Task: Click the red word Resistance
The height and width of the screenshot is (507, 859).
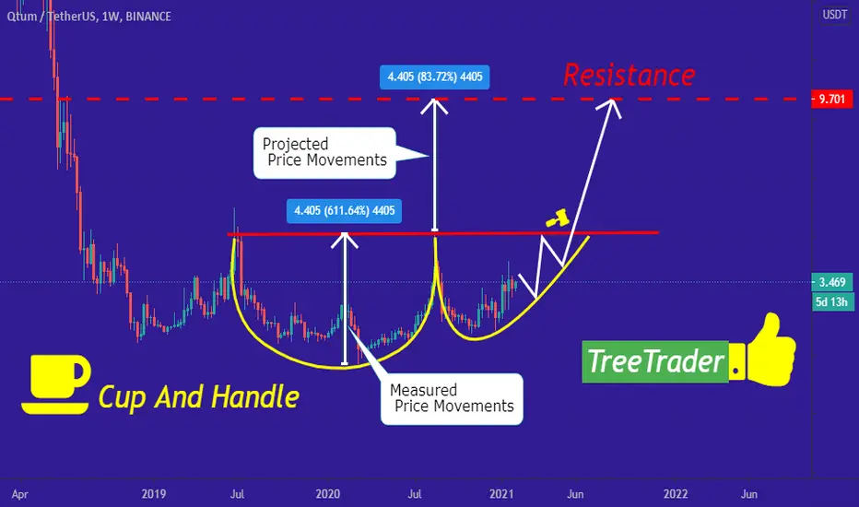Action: tap(630, 75)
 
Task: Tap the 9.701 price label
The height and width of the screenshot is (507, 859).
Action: tap(831, 100)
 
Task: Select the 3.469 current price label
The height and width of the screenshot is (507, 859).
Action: tap(831, 282)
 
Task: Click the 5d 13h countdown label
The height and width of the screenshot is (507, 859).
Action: tap(831, 302)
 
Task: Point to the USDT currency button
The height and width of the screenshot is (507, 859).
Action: tap(835, 15)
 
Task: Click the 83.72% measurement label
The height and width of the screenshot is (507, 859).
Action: tap(434, 77)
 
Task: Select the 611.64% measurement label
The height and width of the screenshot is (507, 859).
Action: tap(344, 211)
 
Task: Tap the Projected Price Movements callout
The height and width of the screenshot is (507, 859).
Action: tap(324, 153)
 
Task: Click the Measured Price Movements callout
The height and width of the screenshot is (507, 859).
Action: tap(452, 398)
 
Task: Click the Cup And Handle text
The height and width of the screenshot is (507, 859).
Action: tap(199, 396)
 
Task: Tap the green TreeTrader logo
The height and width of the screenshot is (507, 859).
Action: tap(655, 361)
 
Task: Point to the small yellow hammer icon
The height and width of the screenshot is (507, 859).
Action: tap(559, 218)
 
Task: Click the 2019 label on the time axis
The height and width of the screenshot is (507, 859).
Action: tap(153, 494)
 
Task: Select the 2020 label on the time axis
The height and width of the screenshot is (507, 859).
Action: tap(327, 494)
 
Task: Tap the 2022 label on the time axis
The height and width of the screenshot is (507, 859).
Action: tap(676, 494)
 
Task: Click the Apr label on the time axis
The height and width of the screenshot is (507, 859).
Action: tap(19, 494)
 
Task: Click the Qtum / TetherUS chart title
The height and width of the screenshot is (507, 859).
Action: tap(88, 17)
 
